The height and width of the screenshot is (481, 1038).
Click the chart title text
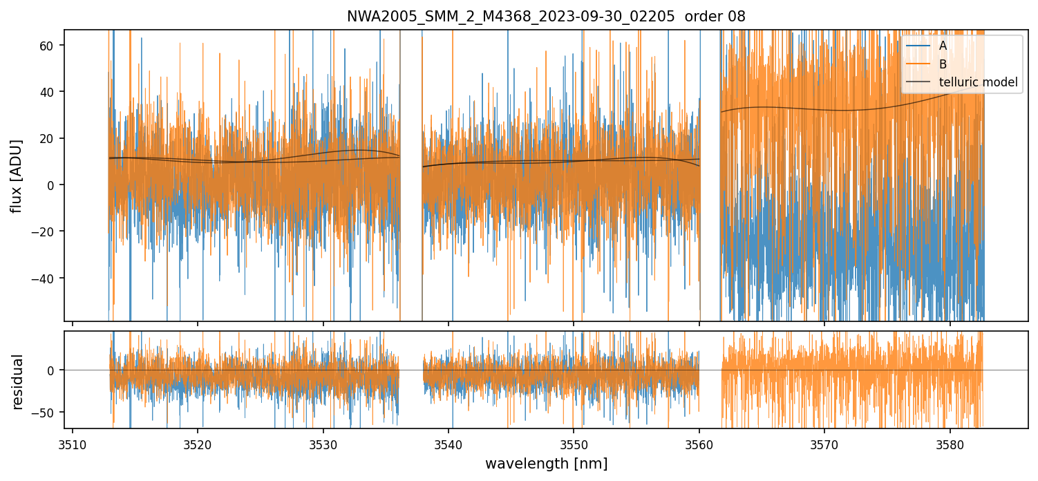(x=546, y=17)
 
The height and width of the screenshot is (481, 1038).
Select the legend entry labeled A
(x=943, y=46)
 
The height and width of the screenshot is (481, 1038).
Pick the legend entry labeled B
(x=943, y=64)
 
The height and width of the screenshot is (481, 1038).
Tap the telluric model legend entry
(x=978, y=82)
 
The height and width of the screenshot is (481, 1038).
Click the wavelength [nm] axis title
(x=546, y=463)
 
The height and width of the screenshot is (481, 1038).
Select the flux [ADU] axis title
(x=17, y=176)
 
